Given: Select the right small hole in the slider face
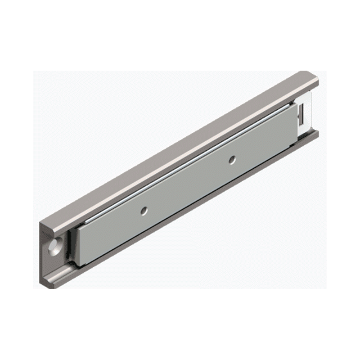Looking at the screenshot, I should [232, 158].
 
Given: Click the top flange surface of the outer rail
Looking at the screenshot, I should [180, 148].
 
